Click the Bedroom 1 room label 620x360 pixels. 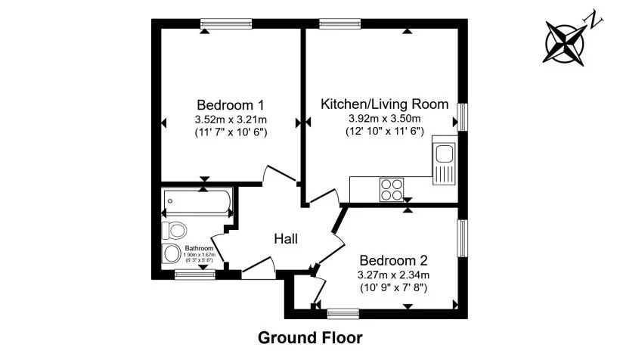(230, 104)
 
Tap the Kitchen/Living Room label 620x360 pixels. (385, 104)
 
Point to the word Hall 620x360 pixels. (286, 239)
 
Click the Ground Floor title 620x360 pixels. (310, 337)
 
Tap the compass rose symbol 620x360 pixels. (566, 41)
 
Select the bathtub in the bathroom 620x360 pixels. (196, 202)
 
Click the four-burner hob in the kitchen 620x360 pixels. (392, 188)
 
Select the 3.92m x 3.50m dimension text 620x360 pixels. (385, 119)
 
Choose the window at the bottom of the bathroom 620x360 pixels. (190, 274)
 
